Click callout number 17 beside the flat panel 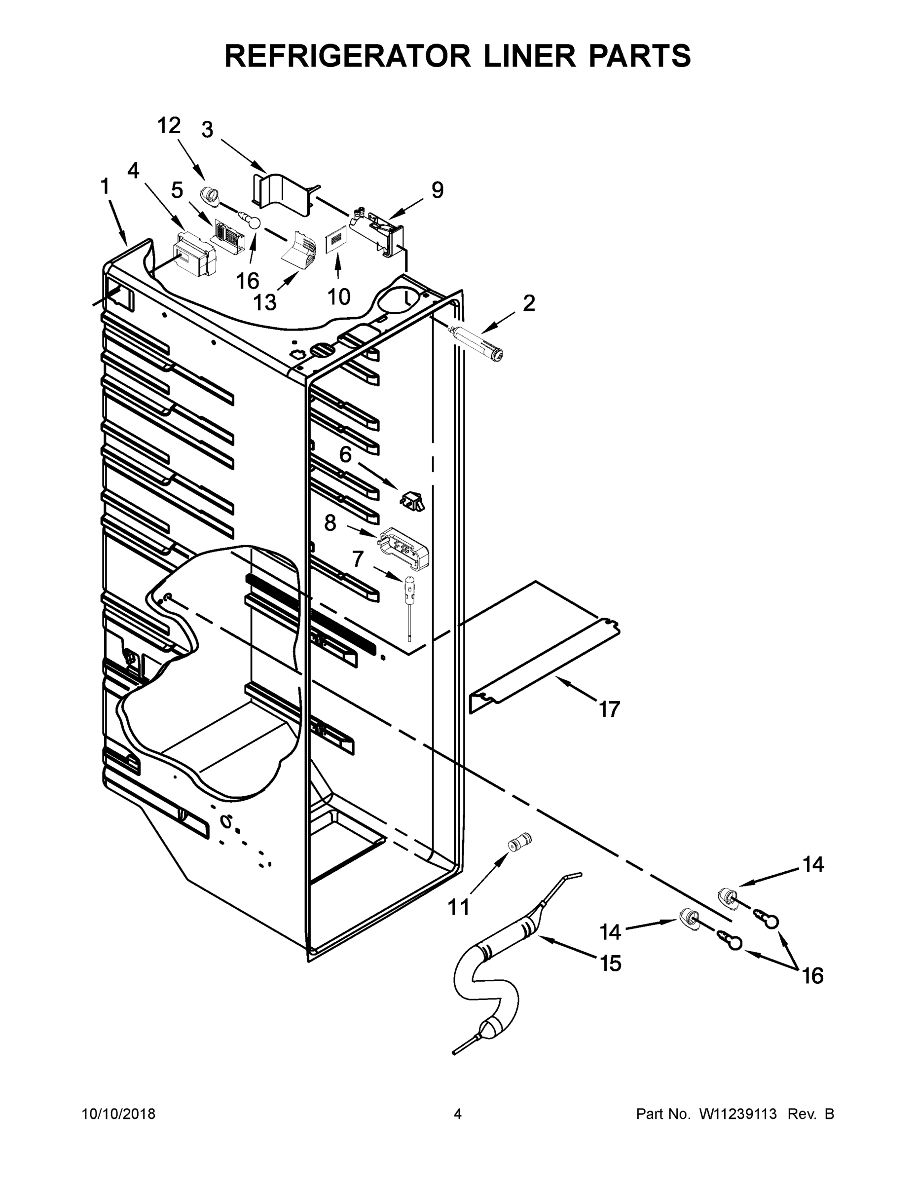[x=609, y=709]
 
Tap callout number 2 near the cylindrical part [x=528, y=303]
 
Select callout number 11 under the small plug [x=458, y=906]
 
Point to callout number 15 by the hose [x=610, y=963]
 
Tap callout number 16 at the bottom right [x=812, y=976]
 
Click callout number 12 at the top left [x=169, y=126]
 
